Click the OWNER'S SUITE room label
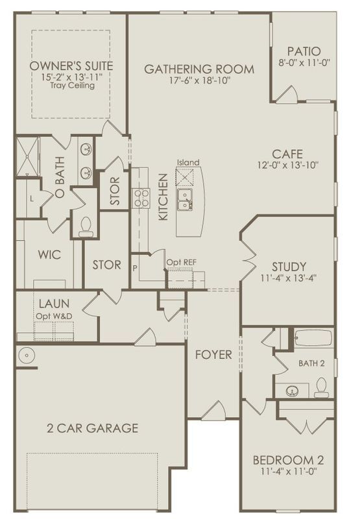pos(71,66)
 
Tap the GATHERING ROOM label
pos(199,69)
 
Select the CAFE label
pos(288,154)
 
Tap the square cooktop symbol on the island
pos(187,176)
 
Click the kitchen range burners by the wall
pos(141,198)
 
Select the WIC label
pos(49,255)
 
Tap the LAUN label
pos(54,304)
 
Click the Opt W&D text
pos(54,315)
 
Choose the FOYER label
pos(213,355)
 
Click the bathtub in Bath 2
pos(313,339)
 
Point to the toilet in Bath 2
pos(321,387)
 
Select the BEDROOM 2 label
pos(288,461)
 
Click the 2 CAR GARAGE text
pos(92,428)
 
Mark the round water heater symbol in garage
pos(27,355)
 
